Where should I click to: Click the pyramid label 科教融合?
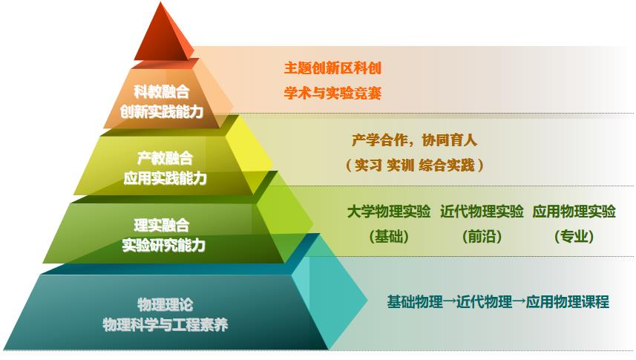click(x=162, y=92)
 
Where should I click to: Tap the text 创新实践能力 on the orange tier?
click(x=162, y=111)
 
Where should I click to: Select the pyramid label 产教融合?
click(x=165, y=158)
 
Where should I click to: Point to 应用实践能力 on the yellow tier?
click(x=165, y=177)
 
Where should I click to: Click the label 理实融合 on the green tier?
click(x=162, y=225)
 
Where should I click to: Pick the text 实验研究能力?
click(x=164, y=245)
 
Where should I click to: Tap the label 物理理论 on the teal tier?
click(x=165, y=304)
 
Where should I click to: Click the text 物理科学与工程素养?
click(x=165, y=324)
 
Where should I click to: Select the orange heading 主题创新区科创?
click(x=332, y=68)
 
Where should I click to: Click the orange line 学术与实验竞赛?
click(x=332, y=93)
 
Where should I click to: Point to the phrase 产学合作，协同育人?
click(x=414, y=140)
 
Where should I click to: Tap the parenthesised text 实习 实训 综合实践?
click(x=414, y=166)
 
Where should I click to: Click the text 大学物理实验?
click(x=389, y=212)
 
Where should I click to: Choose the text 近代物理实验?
click(x=482, y=212)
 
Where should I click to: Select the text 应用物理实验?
click(x=574, y=212)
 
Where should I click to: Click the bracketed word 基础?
click(x=389, y=236)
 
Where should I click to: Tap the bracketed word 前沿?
click(x=482, y=236)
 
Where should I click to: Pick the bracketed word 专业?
click(x=574, y=236)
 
